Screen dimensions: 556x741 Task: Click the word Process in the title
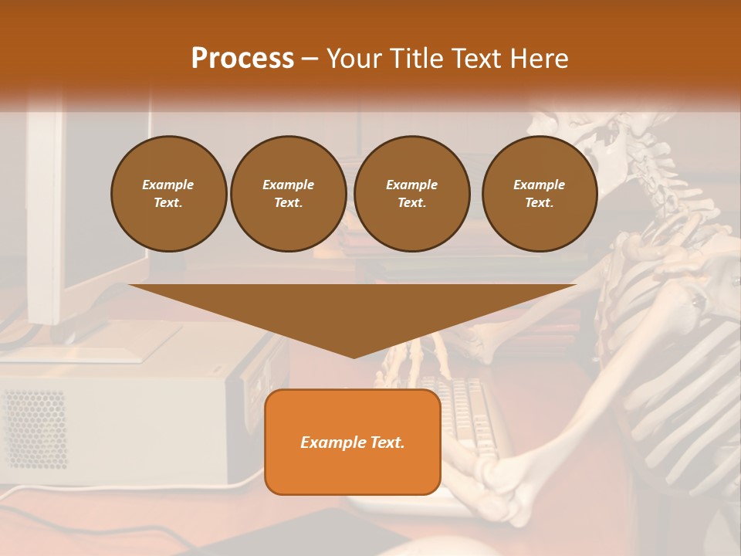point(242,58)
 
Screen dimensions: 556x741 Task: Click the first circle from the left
point(168,194)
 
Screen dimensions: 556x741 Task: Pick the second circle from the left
point(288,194)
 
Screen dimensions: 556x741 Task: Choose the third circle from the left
point(411,194)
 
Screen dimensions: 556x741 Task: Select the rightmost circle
point(539,194)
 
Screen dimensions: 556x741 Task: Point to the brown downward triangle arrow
point(353,317)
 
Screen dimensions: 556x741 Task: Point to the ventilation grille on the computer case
point(35,429)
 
